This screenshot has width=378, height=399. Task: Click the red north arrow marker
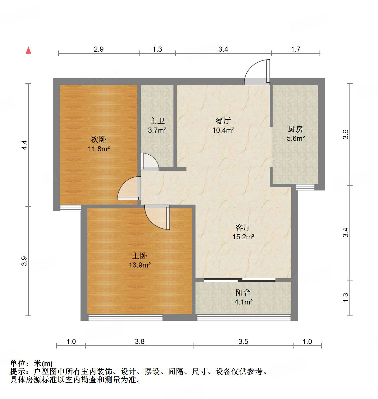click(28, 50)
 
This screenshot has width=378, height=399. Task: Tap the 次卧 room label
click(99, 139)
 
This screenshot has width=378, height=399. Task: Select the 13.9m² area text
click(140, 265)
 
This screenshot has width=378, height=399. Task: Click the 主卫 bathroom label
click(157, 121)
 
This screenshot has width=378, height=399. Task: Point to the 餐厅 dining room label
click(223, 121)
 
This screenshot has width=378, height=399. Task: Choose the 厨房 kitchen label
click(296, 129)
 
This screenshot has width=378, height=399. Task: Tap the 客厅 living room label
click(243, 227)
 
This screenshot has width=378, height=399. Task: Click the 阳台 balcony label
click(243, 293)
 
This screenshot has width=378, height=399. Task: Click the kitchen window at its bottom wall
click(305, 187)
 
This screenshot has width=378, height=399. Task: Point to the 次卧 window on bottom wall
click(71, 208)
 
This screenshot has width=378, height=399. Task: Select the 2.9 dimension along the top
click(99, 49)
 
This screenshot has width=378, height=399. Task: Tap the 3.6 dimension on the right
click(346, 134)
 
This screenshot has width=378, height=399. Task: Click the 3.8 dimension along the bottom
click(140, 342)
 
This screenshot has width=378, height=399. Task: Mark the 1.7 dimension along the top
click(296, 49)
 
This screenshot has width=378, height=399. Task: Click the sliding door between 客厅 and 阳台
click(240, 280)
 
